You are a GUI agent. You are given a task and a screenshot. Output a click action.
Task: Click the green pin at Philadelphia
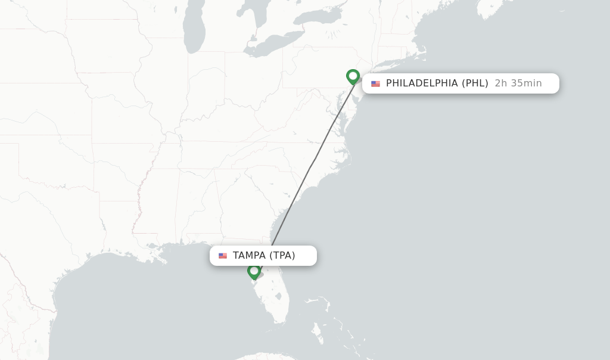353,76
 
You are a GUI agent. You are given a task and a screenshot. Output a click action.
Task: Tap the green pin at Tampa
254,271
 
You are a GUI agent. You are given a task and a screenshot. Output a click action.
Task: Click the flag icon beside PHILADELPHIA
375,83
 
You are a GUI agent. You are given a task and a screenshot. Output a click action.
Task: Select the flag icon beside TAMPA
223,256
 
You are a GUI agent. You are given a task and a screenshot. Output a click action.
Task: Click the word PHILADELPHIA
422,83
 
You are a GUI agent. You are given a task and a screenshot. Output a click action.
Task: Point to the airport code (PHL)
475,83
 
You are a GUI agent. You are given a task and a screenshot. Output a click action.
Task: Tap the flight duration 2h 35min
518,83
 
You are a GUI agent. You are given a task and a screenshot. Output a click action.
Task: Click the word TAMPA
249,256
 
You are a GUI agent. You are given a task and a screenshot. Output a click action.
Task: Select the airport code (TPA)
282,256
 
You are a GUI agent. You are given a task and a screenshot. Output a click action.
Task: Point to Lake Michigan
194,30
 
